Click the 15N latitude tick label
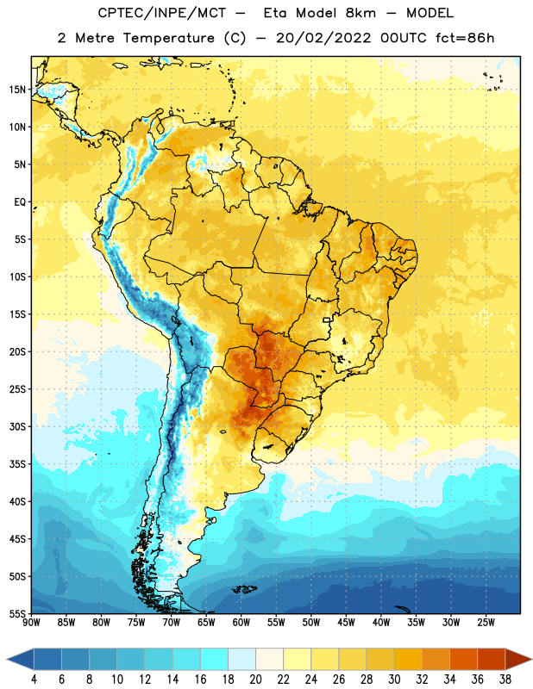(x=17, y=90)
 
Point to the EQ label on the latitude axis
(x=20, y=202)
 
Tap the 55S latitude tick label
(x=17, y=613)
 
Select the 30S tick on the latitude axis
(x=17, y=426)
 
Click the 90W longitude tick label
(x=31, y=623)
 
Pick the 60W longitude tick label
(x=241, y=623)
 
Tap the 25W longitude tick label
(x=486, y=623)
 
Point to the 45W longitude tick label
(x=347, y=623)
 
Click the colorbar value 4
(x=34, y=680)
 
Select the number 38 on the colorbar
(x=505, y=680)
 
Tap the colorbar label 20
(x=255, y=680)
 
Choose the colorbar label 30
(x=394, y=680)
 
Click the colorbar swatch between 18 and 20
(x=241, y=659)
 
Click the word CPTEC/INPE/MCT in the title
(x=162, y=13)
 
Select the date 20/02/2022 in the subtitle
(x=323, y=38)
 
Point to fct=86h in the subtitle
(x=465, y=38)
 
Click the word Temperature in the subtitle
(x=168, y=38)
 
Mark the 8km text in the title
(x=361, y=13)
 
